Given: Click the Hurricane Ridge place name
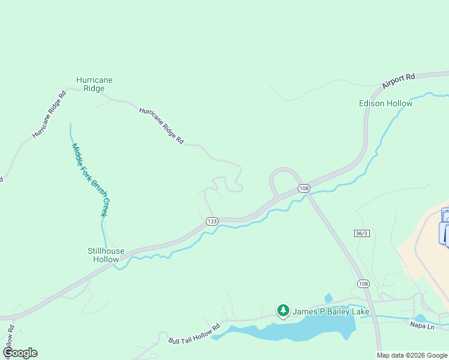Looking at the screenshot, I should pos(94,84).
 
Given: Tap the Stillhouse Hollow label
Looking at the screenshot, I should pos(106,255).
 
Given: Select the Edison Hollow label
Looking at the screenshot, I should pos(385,103).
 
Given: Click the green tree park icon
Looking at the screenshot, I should pos(283,311).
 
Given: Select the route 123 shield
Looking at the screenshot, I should pos(211,221).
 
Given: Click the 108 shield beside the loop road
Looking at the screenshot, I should pos(304,188).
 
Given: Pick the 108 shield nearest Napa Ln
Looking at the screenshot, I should pos(363,283).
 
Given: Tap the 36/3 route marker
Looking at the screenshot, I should pos(361,233).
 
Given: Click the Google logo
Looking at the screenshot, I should pos(20,353).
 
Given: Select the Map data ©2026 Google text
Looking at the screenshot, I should pos(412,355).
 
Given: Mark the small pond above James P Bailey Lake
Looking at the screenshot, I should pos(328,298).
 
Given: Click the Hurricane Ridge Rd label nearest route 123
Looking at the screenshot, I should pos(161,125).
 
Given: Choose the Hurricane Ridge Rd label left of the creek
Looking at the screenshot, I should pos(49,115).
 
